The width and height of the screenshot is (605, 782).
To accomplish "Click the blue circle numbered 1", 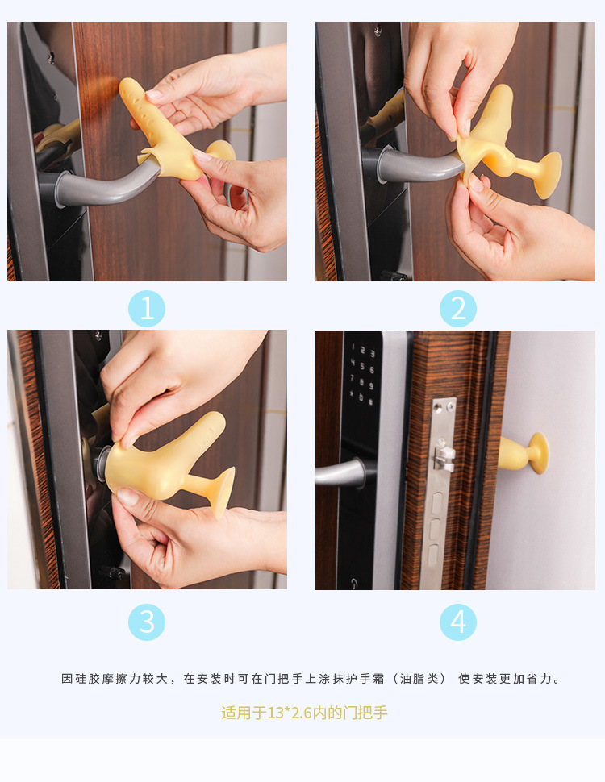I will coord(147,309).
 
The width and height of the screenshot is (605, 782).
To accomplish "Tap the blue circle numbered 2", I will coord(457,309).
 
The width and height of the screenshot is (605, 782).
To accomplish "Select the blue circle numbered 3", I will coord(147,622).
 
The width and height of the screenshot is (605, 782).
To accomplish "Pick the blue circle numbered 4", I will coord(457,622).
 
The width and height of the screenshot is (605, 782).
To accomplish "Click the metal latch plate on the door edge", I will coord(442,492).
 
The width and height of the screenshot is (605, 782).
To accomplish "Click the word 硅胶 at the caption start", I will coord(87,679).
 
